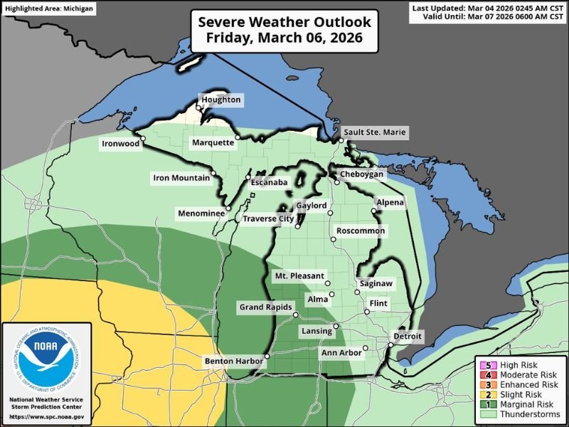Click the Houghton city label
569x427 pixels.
[x=221, y=100]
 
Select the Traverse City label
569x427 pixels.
[x=267, y=218]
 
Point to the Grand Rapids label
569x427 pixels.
[x=265, y=307]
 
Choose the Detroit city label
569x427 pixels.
[x=408, y=336]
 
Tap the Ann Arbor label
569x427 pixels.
[x=341, y=353]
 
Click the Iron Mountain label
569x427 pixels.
[x=181, y=178]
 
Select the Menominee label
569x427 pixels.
[x=201, y=213]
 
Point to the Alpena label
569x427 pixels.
[x=390, y=203]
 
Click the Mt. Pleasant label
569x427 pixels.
[x=299, y=275]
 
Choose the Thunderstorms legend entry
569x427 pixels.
[x=520, y=413]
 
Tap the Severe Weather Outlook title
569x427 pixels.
[x=284, y=31]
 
